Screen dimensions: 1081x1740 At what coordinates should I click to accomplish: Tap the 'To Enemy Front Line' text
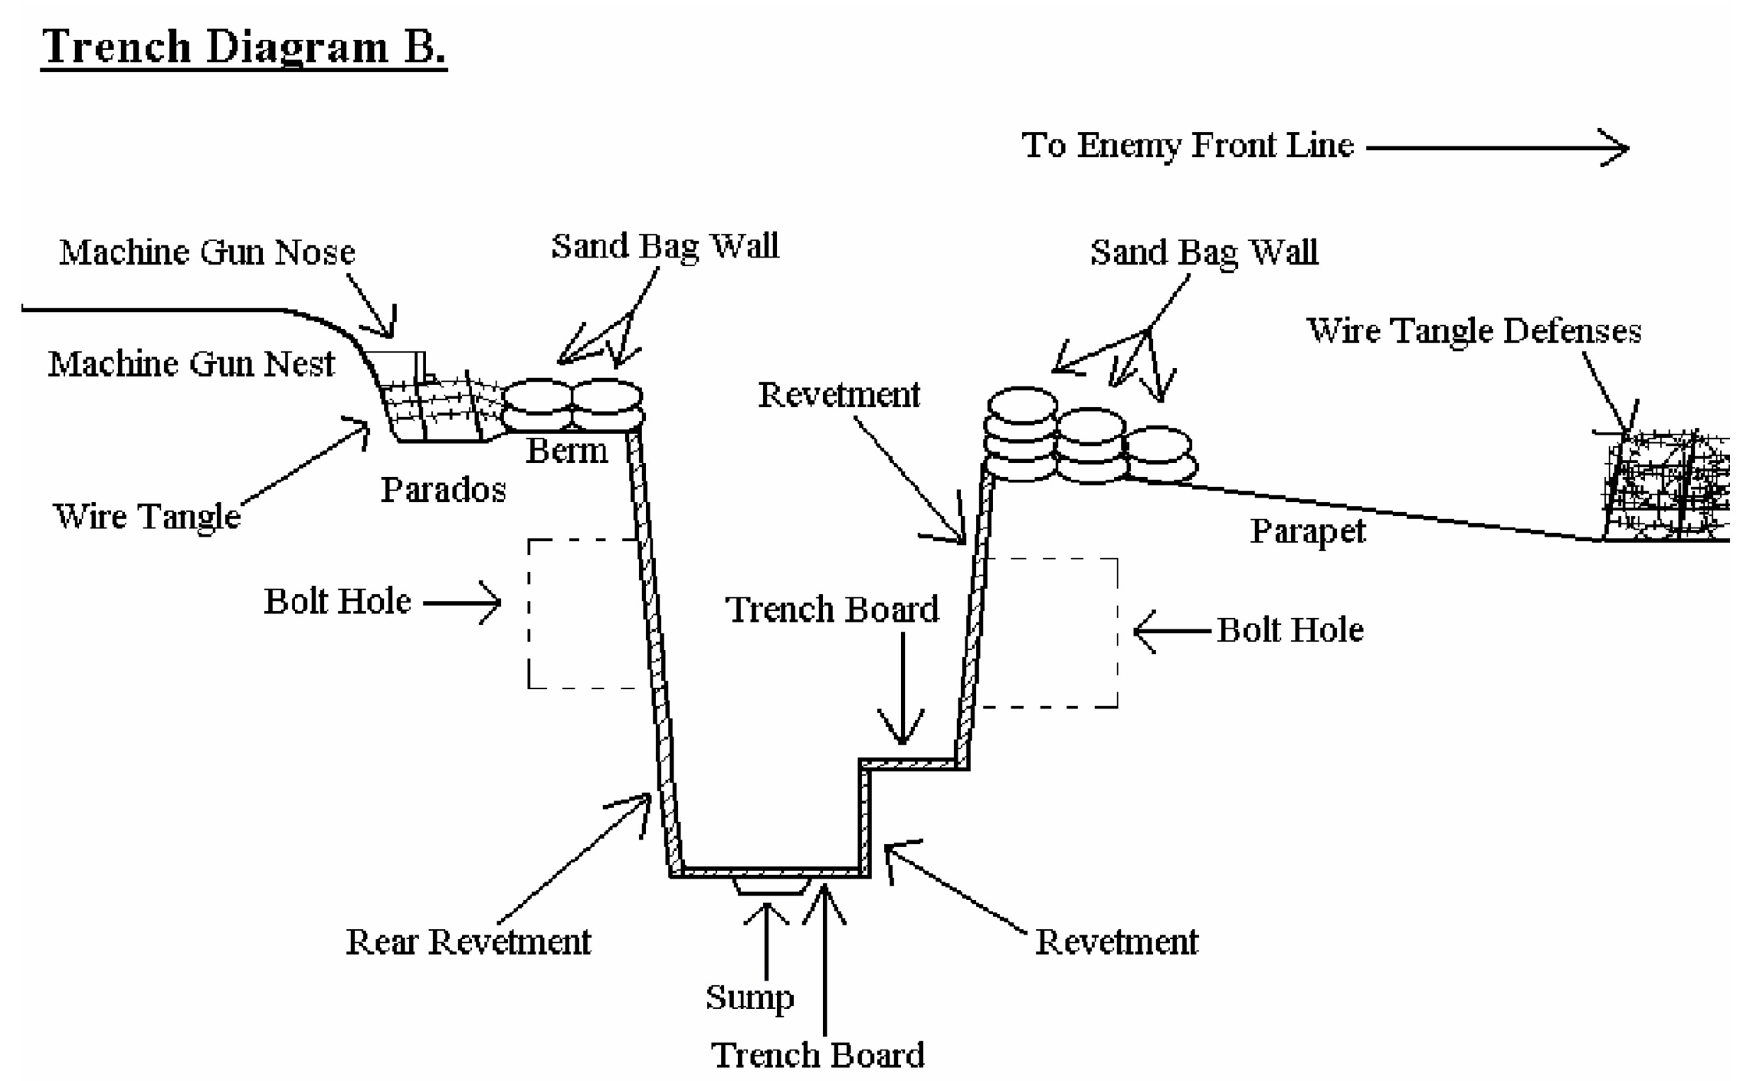tap(1187, 146)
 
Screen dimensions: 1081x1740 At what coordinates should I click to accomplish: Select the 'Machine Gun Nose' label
tap(207, 252)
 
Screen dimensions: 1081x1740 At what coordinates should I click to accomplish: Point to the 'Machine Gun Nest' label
tap(191, 364)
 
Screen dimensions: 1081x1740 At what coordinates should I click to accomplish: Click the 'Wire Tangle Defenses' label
tap(1473, 331)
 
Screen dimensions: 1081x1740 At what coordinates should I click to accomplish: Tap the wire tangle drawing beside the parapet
tap(1666, 487)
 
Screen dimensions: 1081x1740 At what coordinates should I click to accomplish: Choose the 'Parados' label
tap(443, 490)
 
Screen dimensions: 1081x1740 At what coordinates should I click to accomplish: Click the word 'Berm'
tap(566, 451)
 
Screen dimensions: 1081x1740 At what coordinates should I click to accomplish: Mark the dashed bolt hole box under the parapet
tap(1050, 632)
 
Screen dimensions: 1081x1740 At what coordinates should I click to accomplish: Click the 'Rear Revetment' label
tap(468, 942)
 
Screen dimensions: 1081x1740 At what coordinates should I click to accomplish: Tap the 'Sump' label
tap(749, 997)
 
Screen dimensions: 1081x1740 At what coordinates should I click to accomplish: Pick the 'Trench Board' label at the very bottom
tap(818, 1056)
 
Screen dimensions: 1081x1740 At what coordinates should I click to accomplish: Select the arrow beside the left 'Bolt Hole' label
tap(462, 603)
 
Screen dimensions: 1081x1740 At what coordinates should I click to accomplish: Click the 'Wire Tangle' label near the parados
tap(146, 516)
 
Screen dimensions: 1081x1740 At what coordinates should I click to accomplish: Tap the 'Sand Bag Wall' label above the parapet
tap(1204, 252)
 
